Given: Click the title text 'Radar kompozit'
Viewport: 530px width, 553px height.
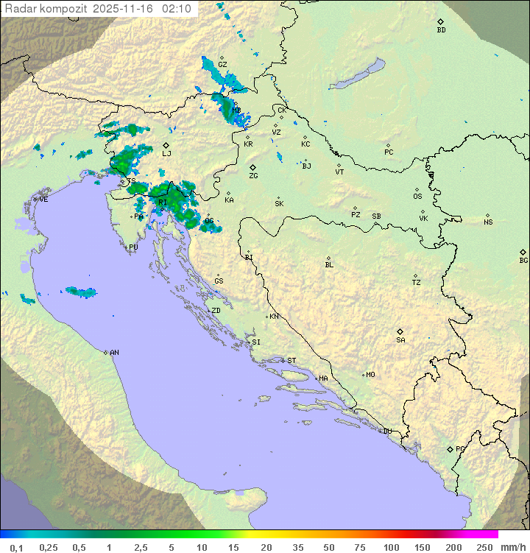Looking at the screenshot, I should [46, 9].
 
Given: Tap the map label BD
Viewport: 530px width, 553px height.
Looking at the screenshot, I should [441, 30].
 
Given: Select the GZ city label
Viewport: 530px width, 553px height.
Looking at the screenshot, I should [222, 65].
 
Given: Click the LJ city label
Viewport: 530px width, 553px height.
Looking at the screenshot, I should [166, 153].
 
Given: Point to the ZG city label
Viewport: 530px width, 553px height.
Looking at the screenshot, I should [253, 176].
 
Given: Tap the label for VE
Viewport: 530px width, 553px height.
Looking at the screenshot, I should [43, 200].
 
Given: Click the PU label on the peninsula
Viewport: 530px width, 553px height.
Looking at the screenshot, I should [133, 247].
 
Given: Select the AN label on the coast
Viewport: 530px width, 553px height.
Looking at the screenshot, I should [114, 353].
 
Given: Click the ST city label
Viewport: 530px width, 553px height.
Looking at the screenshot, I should [291, 361].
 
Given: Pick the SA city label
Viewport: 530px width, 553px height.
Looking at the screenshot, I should [400, 339].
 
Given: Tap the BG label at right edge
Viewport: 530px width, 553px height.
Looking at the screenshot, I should [523, 260].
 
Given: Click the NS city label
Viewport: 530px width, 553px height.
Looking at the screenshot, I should [488, 222].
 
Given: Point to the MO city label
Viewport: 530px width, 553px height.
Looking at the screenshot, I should [370, 375].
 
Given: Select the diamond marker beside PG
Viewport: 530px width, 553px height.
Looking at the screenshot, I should [450, 448].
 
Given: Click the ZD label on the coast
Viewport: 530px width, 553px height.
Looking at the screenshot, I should [216, 311].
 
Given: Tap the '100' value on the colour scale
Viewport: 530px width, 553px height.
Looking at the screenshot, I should [391, 546].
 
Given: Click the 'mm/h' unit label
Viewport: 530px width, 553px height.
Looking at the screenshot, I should [511, 546].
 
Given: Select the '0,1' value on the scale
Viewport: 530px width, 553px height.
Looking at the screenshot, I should [16, 546].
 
